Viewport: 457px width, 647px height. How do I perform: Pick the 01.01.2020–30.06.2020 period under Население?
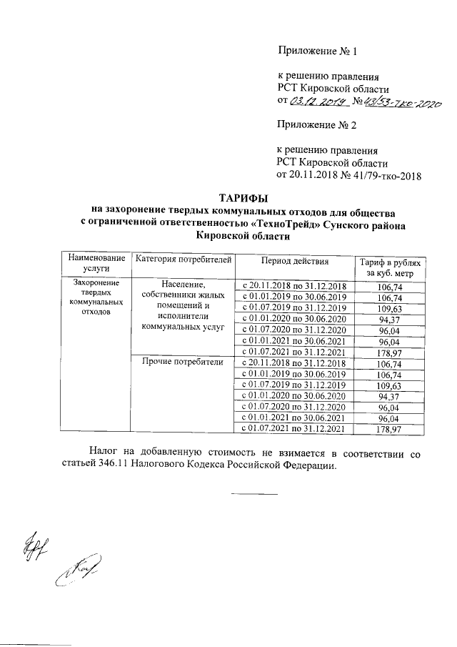[x=294, y=319]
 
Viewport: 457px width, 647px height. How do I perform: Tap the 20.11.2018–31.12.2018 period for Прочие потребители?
[x=294, y=363]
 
